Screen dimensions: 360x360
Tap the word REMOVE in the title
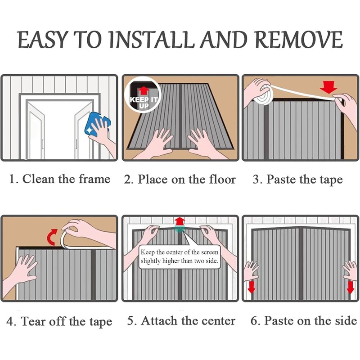[x=298, y=40]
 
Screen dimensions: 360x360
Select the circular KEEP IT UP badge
[x=143, y=95]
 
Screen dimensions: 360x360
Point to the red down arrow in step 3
[x=328, y=87]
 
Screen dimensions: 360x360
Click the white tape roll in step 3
[x=264, y=95]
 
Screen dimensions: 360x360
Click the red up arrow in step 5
[x=179, y=221]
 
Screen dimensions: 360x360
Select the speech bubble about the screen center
[x=179, y=256]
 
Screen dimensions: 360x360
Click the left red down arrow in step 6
[x=252, y=287]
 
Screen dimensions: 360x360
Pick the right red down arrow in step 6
[x=351, y=287]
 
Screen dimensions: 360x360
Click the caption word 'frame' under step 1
[x=94, y=179]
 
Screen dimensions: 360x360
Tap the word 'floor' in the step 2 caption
[x=222, y=179]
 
